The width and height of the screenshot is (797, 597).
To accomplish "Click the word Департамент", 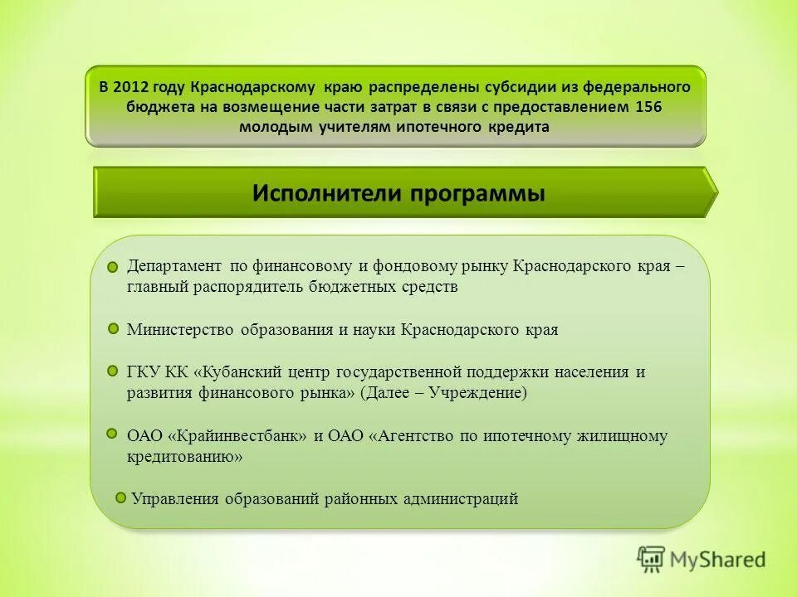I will [174, 266].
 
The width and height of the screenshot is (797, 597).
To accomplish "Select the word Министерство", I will [179, 329].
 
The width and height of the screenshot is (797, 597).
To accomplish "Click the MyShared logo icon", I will [652, 560].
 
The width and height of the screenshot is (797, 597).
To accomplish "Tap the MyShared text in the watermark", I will [718, 560].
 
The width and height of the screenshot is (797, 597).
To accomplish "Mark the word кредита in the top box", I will [522, 127].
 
